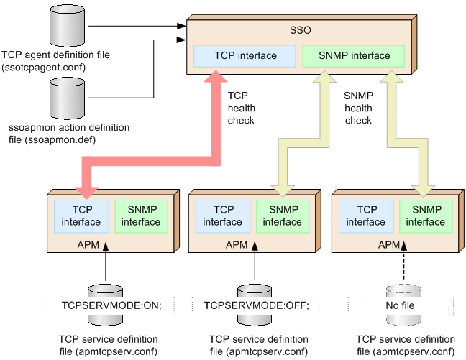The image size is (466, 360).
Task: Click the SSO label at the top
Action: coord(300,30)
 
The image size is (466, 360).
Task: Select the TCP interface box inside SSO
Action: coord(245,56)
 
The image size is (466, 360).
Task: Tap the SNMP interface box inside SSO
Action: coord(353,56)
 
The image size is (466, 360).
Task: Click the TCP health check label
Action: coord(242,108)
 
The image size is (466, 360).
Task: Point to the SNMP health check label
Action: coord(358,108)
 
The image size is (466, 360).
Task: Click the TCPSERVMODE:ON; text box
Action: coord(111,305)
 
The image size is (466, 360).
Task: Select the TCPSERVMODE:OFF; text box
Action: coord(255,305)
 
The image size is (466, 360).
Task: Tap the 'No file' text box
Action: coord(401,305)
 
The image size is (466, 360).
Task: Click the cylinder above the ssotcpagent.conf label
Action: coord(67,26)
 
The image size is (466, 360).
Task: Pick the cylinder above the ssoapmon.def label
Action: coord(67,98)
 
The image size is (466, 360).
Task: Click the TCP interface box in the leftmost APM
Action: coord(81,216)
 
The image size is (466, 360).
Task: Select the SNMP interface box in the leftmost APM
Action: coord(142,216)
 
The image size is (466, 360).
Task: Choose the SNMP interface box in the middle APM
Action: coord(283,216)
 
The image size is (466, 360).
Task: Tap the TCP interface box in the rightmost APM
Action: coord(366,216)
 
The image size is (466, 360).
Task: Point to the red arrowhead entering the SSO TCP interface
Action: coord(216,76)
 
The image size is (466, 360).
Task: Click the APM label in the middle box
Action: coord(237,245)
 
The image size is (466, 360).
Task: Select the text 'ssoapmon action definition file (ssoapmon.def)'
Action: coord(69,134)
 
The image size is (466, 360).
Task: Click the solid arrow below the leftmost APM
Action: coord(106,261)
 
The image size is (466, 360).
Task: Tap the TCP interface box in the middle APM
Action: coord(223,216)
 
